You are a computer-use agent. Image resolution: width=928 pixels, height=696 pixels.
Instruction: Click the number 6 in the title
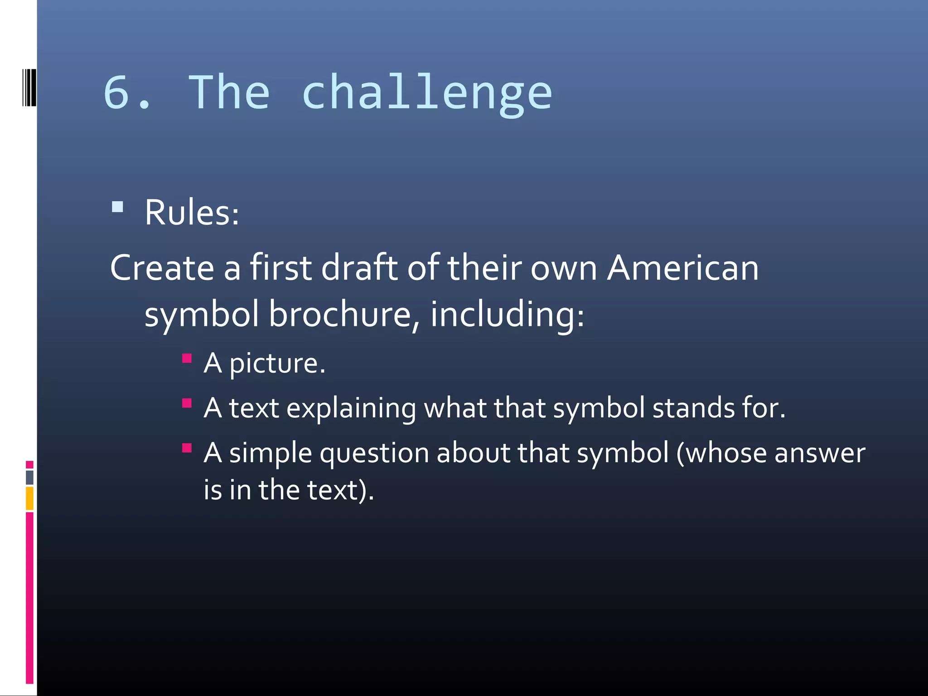116,92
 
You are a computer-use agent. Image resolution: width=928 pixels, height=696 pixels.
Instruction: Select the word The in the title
229,92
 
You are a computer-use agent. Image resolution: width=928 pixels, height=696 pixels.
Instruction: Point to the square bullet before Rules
117,207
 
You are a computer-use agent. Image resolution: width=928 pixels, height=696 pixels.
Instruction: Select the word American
682,268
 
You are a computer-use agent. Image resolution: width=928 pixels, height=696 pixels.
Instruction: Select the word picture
277,364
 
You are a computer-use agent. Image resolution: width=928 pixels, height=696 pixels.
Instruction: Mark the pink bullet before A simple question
187,448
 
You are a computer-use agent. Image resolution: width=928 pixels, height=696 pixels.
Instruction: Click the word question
374,454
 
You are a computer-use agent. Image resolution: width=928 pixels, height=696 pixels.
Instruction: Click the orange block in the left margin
29,498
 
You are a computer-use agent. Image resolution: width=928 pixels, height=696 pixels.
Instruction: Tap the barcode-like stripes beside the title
29,87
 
